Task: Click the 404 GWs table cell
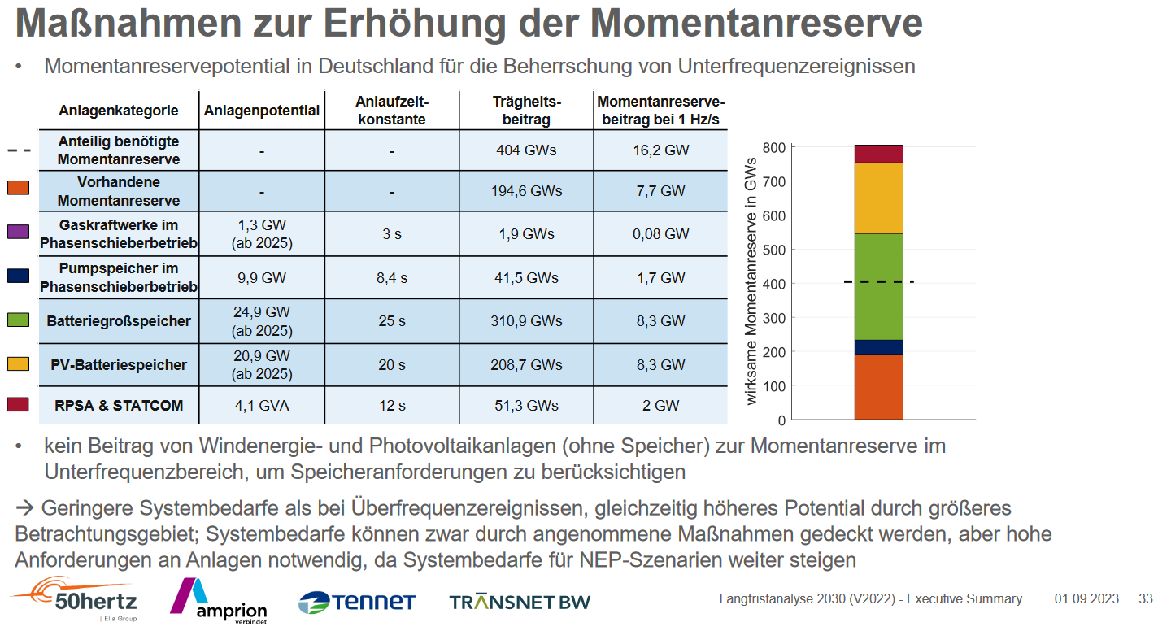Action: pos(525,150)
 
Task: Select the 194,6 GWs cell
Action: pos(525,192)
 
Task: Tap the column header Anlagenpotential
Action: pos(262,111)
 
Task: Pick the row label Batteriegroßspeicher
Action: pos(119,321)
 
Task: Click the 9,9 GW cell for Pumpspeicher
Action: pos(262,278)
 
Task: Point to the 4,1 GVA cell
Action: pos(262,405)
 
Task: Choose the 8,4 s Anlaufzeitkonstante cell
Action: pos(392,278)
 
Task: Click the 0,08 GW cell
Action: pos(660,234)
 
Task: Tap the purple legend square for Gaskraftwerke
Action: pos(18,232)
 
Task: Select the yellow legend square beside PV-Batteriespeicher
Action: pos(18,363)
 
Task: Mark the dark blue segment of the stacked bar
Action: pos(878,347)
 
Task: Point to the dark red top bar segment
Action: pos(878,154)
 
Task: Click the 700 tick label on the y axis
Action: pos(774,181)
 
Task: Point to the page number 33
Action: pos(1145,599)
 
